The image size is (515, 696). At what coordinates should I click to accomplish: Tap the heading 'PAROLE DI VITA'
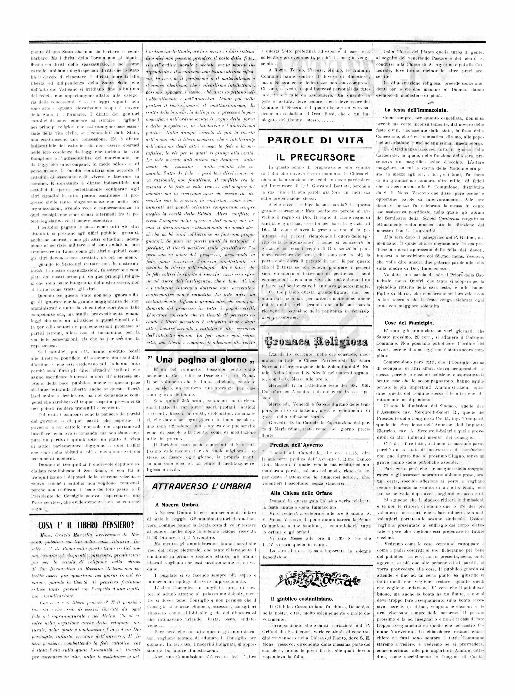(x=315, y=140)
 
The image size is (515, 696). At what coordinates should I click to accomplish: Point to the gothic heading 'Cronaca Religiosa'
(x=315, y=342)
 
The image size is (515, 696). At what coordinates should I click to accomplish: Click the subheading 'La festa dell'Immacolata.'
(x=416, y=110)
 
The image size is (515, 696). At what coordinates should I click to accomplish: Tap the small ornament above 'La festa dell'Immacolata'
(x=431, y=103)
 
